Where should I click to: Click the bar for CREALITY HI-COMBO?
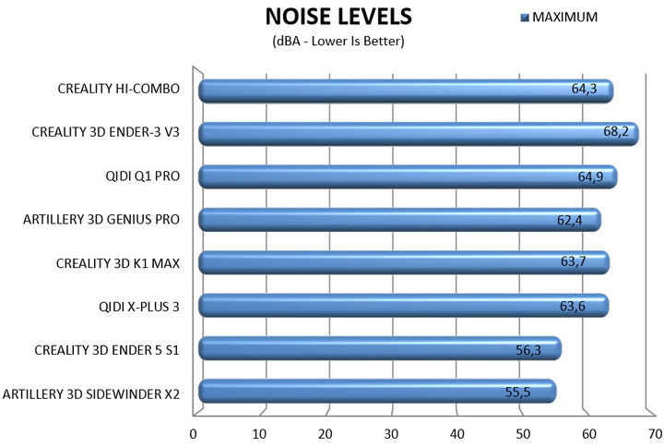point(406,91)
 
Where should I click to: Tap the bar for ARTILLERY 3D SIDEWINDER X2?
point(377,392)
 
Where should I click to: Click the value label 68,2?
point(616,133)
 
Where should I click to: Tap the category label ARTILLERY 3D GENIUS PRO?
point(101,220)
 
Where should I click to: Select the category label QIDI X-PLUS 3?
point(138,306)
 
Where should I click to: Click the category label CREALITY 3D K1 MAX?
point(118,263)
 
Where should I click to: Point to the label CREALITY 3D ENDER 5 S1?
point(106,349)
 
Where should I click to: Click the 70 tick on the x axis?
point(653,432)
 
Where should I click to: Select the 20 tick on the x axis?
point(325,432)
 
